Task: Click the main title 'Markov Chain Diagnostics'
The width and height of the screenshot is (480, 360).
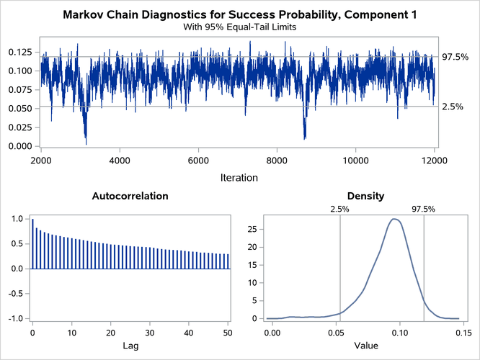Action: [x=239, y=14]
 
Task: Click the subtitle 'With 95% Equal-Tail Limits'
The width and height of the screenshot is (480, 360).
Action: [x=239, y=27]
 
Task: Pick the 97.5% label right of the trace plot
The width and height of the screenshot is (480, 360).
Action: [x=455, y=57]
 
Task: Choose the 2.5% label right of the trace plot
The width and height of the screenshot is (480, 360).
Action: [x=452, y=107]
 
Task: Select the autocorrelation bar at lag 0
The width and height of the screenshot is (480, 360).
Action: [x=32, y=243]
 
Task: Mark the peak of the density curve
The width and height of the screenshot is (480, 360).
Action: [x=394, y=219]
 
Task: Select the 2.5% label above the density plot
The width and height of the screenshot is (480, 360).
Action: [x=339, y=209]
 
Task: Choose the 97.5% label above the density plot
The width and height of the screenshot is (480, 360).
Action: [x=424, y=209]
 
